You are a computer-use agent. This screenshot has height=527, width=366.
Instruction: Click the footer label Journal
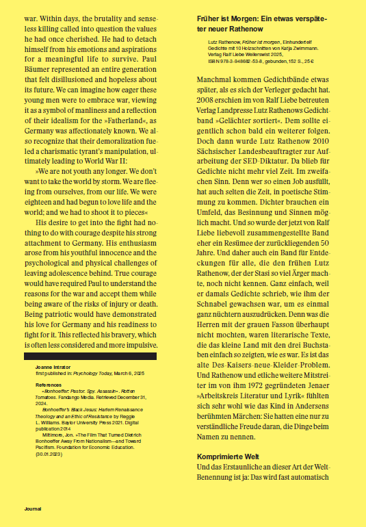point(33,509)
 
